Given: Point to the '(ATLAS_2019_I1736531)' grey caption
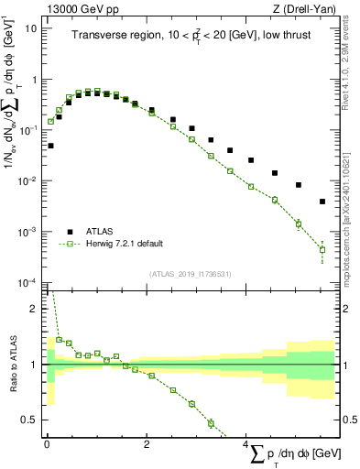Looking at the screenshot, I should click(x=190, y=274).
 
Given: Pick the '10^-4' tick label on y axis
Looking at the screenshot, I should click(x=28, y=282).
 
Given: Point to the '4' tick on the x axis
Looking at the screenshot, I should click(x=245, y=443).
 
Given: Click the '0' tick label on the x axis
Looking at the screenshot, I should click(x=47, y=443).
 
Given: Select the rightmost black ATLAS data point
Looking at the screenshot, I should click(x=322, y=202).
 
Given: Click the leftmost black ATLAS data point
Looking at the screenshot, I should click(x=50, y=146).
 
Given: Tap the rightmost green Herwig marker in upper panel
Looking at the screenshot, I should click(x=322, y=249).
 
